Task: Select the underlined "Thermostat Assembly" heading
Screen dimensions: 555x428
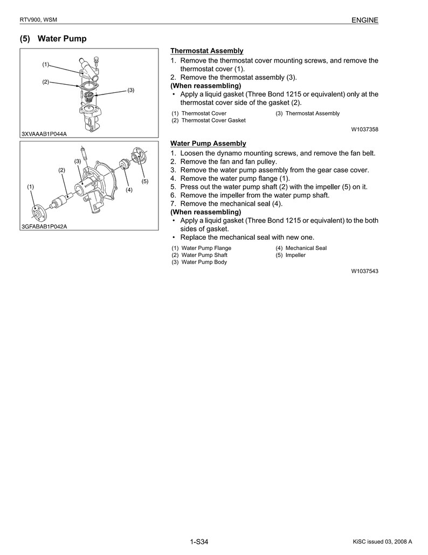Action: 207,51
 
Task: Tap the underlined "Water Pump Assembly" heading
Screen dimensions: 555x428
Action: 208,144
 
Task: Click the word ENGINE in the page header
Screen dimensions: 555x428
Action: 365,21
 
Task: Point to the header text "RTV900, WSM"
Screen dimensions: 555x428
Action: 38,21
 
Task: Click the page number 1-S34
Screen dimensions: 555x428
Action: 199,542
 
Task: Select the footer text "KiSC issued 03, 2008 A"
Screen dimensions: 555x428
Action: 382,542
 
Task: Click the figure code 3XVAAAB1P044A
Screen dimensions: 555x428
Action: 44,134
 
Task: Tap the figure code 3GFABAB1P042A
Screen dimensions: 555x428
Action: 44,227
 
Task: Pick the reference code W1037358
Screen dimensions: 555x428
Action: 364,130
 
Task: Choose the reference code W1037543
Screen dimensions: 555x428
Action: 364,271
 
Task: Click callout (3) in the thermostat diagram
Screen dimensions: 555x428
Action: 130,90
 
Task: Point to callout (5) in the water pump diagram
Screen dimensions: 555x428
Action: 145,181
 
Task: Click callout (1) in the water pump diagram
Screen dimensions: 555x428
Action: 31,186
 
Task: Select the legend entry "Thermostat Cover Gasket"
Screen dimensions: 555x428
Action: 209,120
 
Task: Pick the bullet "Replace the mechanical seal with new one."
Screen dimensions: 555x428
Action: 247,237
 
